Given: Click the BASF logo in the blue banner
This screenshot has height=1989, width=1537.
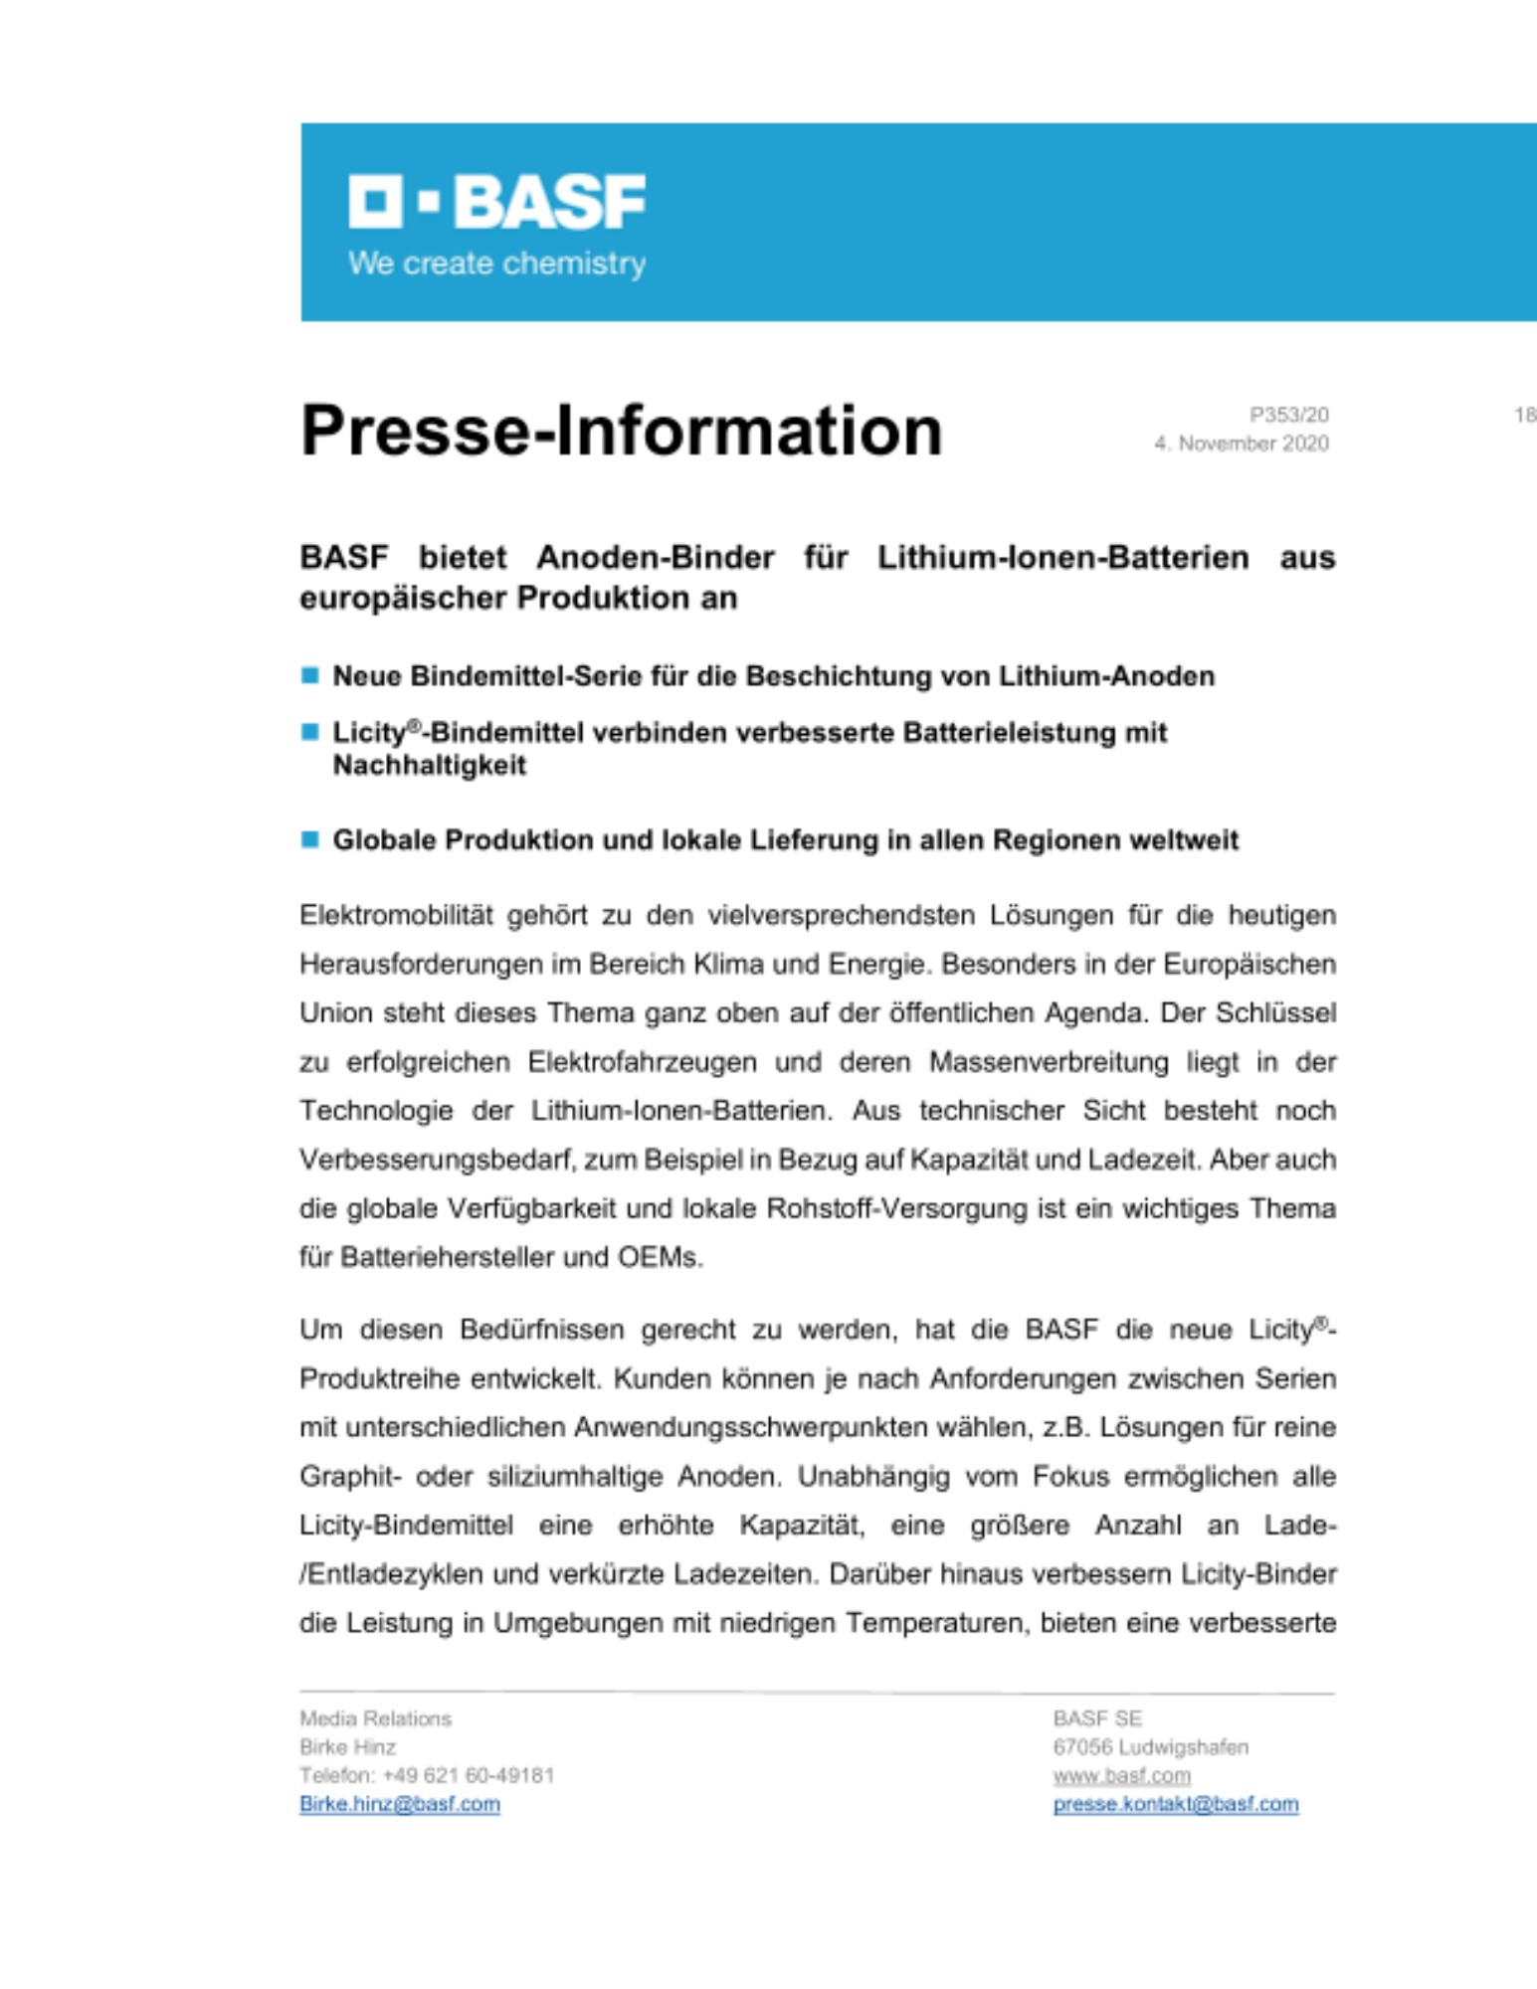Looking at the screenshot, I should (x=496, y=201).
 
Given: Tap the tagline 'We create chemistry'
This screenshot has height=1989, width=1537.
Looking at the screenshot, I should (x=496, y=264).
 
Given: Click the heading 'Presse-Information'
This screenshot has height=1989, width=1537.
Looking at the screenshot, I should (x=621, y=431).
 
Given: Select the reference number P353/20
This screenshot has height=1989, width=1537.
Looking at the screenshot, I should (x=1288, y=415).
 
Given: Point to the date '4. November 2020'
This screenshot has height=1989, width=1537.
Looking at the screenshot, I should (x=1241, y=444).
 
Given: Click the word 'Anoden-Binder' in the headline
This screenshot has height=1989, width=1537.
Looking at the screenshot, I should (x=655, y=557).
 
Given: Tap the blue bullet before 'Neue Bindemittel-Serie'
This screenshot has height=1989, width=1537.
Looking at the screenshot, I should (x=310, y=676).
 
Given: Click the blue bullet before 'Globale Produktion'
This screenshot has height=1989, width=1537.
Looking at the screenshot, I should (x=310, y=839).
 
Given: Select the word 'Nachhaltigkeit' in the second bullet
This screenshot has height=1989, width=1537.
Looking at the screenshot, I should (x=429, y=766).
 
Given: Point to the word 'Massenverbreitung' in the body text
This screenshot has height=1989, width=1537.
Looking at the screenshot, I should (x=1049, y=1062).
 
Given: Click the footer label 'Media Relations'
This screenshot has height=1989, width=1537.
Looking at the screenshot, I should (x=375, y=1718).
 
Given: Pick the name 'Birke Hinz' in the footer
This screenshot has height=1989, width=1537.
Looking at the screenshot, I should (x=347, y=1747).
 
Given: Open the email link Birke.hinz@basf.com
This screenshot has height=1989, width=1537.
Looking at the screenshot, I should (x=400, y=1805).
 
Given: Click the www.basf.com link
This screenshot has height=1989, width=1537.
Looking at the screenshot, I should (x=1121, y=1776).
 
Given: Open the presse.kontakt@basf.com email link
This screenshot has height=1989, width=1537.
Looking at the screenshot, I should (x=1176, y=1805).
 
